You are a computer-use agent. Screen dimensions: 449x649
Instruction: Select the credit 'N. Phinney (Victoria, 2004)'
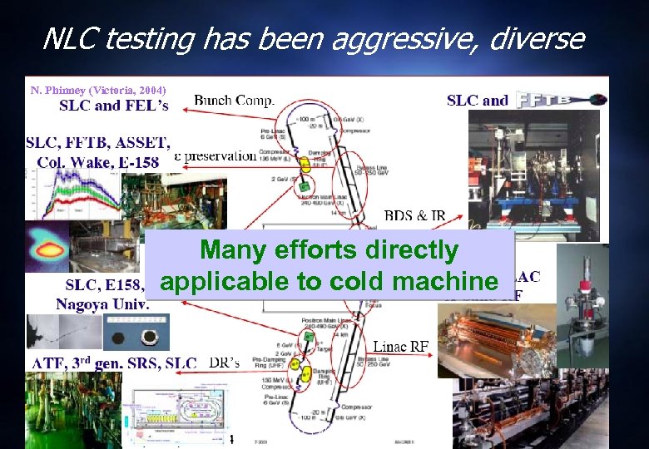coord(98,90)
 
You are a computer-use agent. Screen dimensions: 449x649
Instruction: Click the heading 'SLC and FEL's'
coord(113,106)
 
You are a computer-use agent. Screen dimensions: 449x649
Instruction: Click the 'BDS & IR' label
coord(414,216)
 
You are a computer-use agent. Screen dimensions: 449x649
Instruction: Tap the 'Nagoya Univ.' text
coord(102,303)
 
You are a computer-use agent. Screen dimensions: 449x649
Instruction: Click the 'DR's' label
coord(223,363)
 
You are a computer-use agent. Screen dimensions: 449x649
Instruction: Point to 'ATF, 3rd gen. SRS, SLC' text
coord(114,363)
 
